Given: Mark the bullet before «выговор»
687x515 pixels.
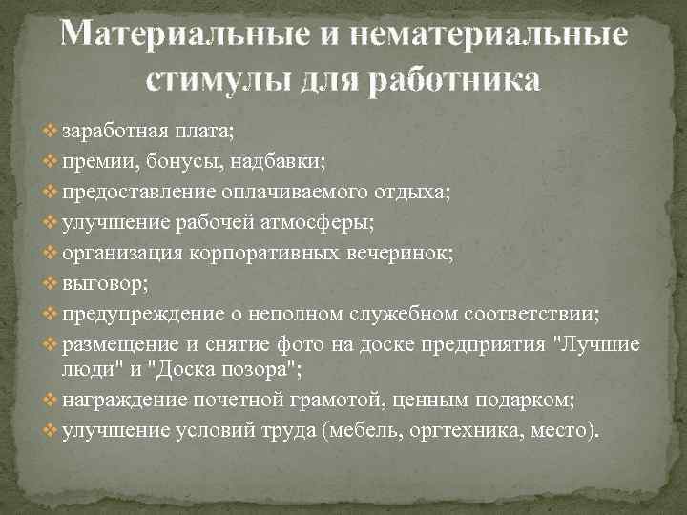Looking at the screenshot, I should [x=51, y=283].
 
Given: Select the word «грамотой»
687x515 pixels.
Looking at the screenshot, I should [x=357, y=400].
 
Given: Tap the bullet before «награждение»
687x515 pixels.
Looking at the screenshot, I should [x=51, y=400].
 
